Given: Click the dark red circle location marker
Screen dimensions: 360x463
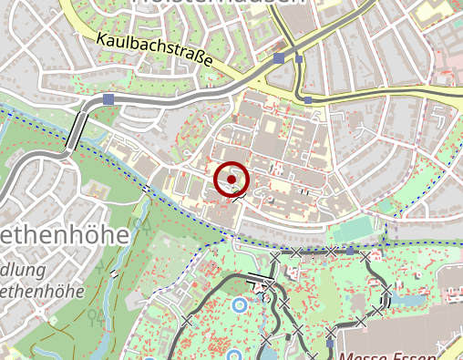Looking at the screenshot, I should point(232,179).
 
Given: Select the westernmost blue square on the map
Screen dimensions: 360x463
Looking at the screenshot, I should point(108,98).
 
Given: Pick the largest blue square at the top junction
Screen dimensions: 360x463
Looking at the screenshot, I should point(278,57).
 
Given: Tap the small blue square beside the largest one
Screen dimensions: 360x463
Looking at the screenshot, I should point(299,59).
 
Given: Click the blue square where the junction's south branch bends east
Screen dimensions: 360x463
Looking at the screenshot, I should point(308,98).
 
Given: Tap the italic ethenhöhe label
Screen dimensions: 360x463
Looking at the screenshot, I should point(41,292).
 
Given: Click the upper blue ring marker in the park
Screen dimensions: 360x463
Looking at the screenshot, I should point(240,304).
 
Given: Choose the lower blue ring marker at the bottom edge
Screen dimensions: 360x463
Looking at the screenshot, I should point(233,355).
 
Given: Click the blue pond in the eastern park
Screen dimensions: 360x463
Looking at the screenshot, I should point(409,298).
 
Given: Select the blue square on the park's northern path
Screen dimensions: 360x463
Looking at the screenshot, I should point(350,250).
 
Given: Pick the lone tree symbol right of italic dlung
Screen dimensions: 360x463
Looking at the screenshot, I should point(95,315).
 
